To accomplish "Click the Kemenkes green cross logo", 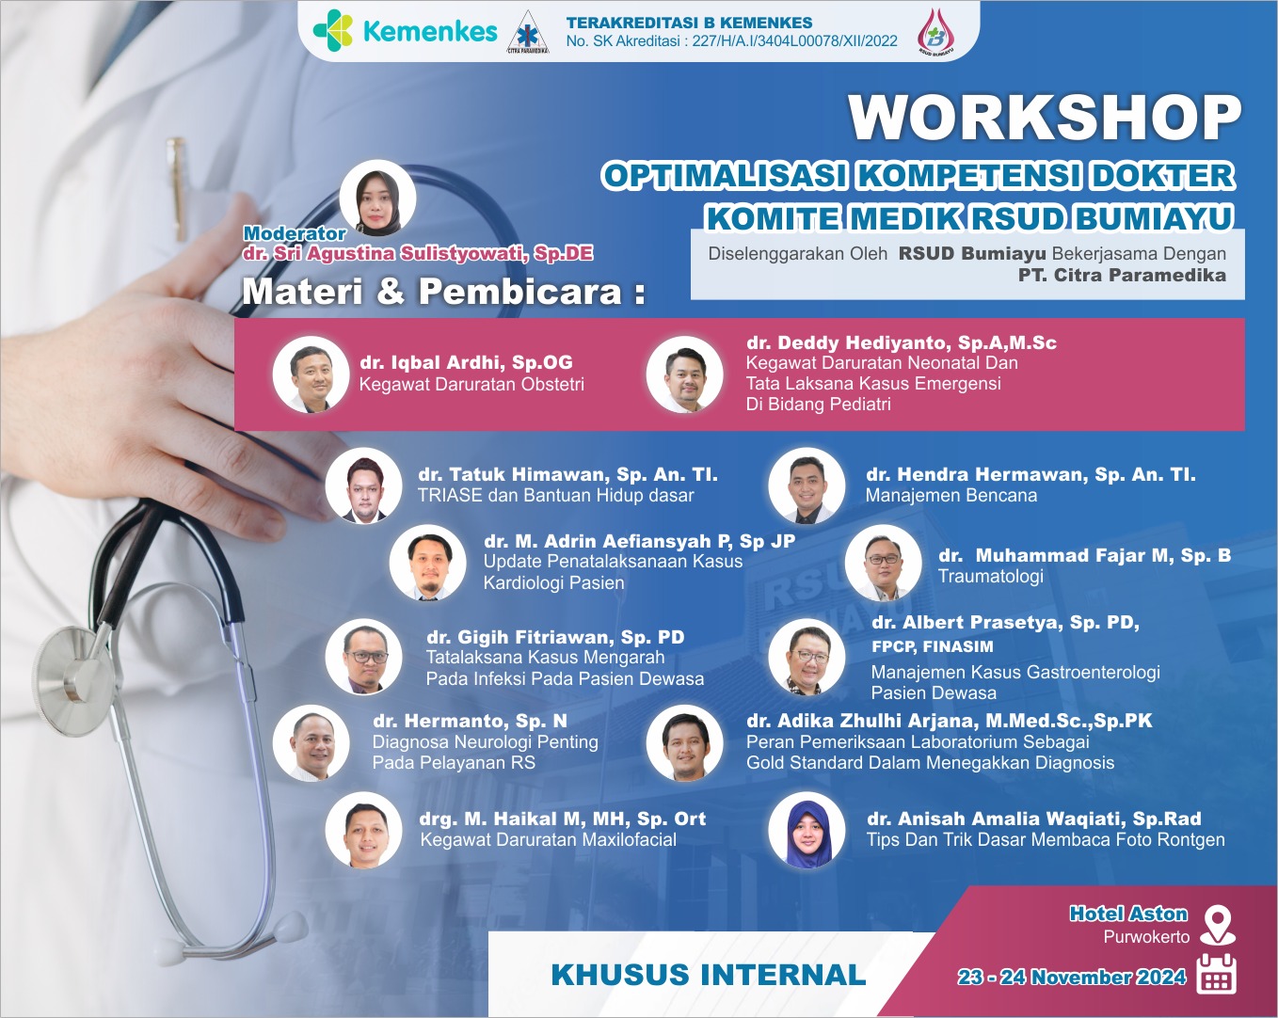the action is [x=333, y=30].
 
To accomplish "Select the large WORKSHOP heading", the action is [x=1045, y=118].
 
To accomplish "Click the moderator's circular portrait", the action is [x=377, y=198].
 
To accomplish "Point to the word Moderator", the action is [x=295, y=233].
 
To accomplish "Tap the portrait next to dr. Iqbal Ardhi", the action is [x=312, y=374].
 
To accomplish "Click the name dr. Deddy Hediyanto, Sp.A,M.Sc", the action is [x=902, y=342].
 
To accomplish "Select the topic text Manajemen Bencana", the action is [x=951, y=495].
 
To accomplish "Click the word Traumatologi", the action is [x=991, y=576].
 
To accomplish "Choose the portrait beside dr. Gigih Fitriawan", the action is [x=363, y=657].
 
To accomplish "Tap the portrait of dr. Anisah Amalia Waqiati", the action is [x=807, y=831].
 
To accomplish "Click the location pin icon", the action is [x=1218, y=925].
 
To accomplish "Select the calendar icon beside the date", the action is [x=1216, y=974].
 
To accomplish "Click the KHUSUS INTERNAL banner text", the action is [x=709, y=976].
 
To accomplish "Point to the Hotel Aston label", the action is [x=1128, y=914].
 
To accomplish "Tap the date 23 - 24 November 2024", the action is [x=1072, y=977].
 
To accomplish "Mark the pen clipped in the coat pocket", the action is [x=176, y=187].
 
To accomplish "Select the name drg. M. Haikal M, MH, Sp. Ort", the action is [x=563, y=819].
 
